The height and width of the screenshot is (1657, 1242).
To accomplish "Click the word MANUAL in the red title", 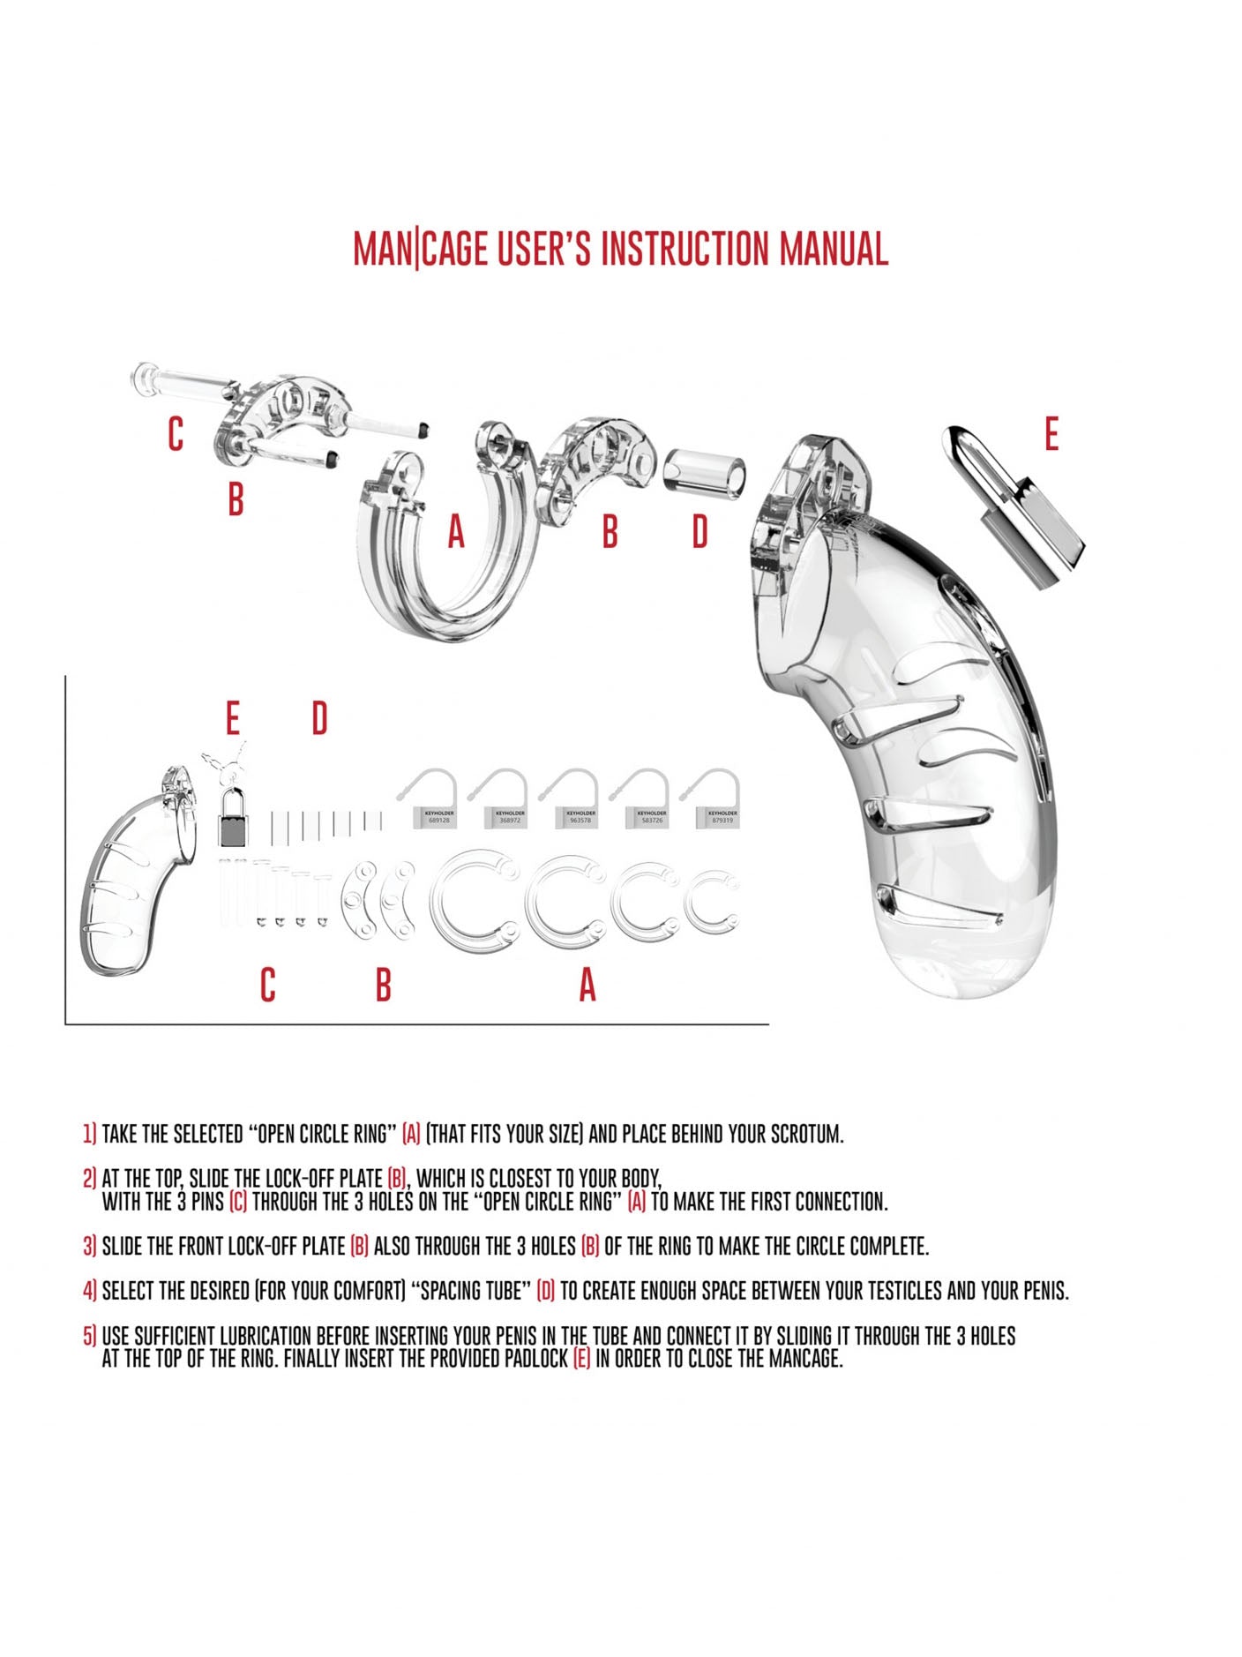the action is click(x=833, y=249).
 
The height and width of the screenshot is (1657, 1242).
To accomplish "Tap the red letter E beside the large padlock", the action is click(x=1051, y=435).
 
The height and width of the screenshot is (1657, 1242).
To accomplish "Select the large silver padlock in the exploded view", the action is click(x=1015, y=505).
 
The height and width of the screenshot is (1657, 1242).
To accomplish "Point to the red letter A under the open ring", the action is click(x=455, y=532).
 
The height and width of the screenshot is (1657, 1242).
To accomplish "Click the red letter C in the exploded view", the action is click(x=176, y=434).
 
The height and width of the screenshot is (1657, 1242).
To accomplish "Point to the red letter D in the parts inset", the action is click(x=319, y=719).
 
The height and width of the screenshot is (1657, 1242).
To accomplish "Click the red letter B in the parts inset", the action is click(x=383, y=985).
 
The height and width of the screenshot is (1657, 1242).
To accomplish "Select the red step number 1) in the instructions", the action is click(x=89, y=1134).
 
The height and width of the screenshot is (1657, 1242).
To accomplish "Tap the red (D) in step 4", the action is click(x=546, y=1291).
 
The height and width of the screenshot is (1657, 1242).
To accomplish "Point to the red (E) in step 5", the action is click(x=581, y=1359).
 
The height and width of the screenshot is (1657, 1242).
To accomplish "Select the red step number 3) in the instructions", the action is click(x=89, y=1246).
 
